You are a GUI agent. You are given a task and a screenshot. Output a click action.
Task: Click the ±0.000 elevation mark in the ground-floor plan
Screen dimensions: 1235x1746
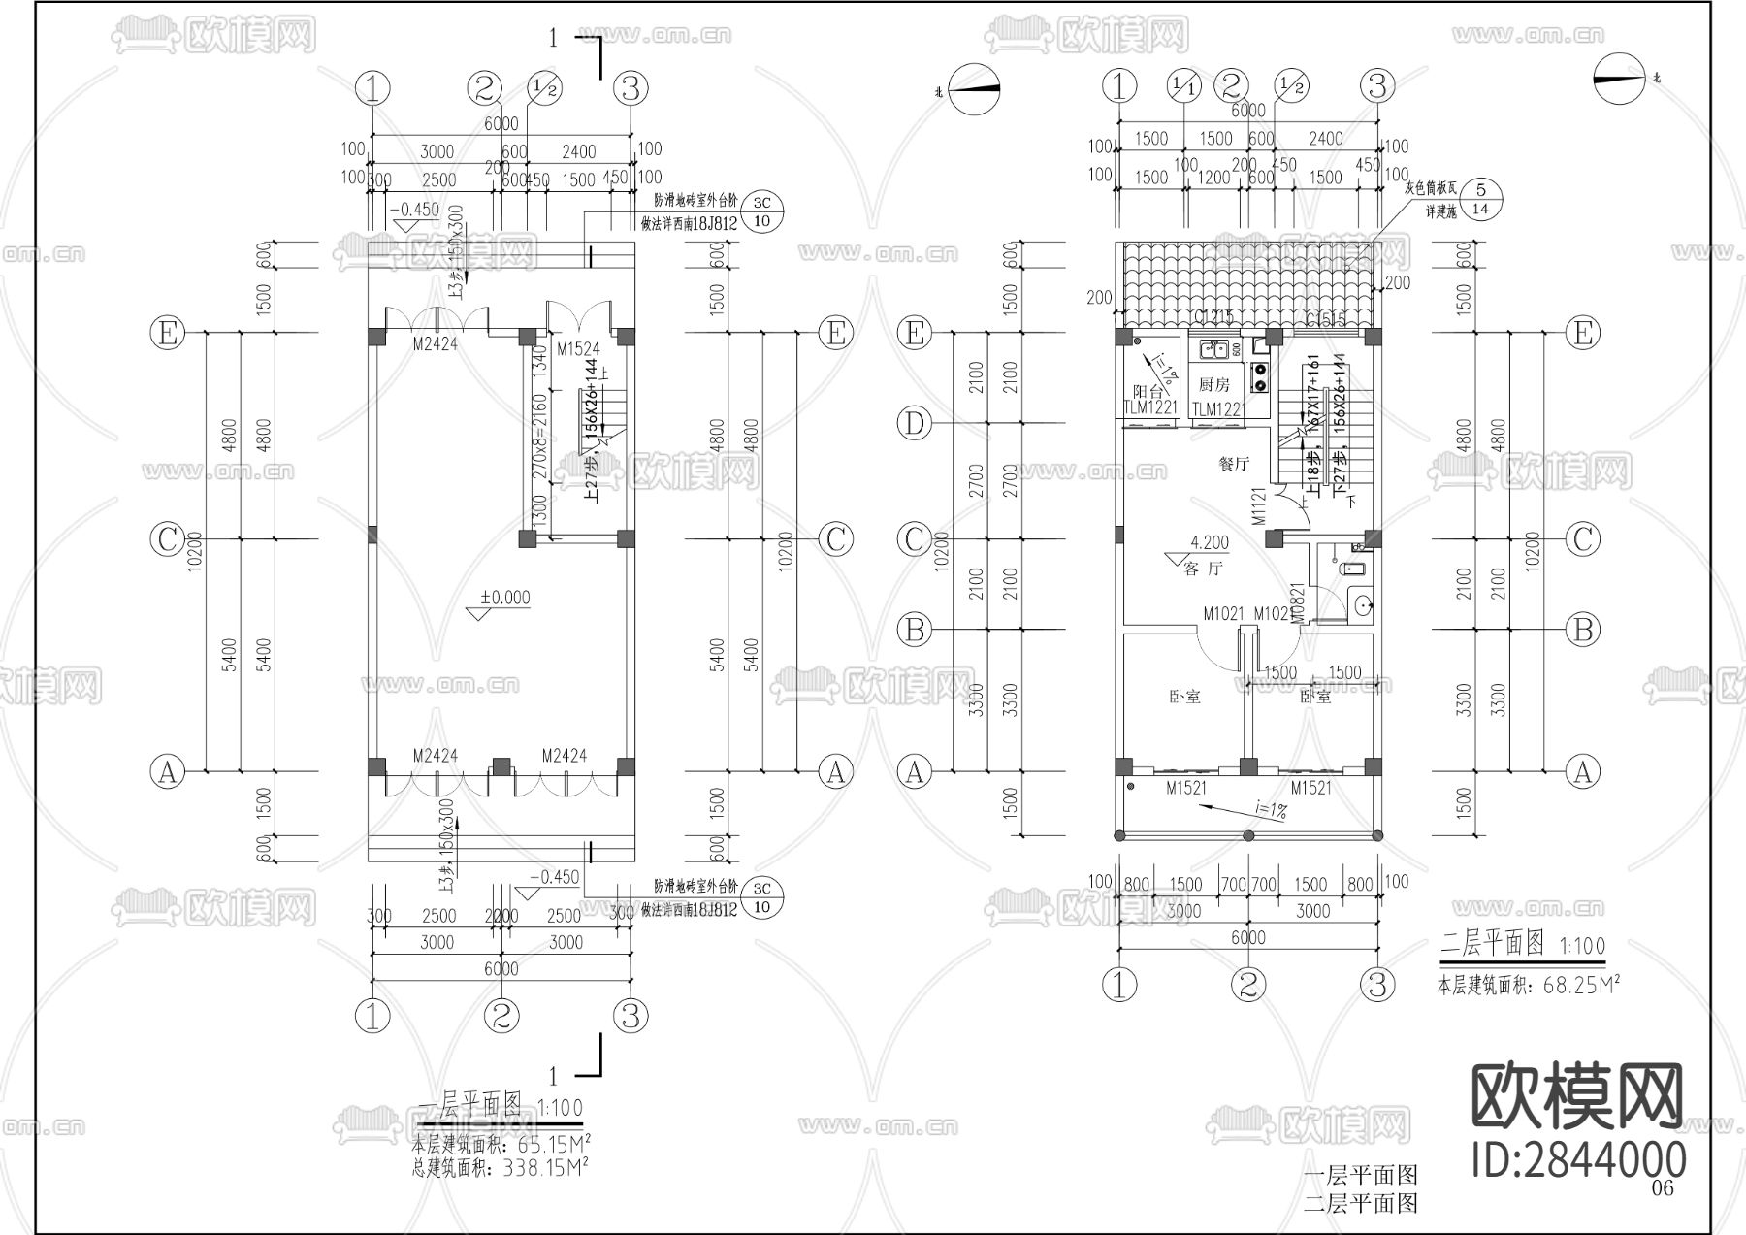506,598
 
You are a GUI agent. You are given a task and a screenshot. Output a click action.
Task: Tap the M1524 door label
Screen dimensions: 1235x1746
578,349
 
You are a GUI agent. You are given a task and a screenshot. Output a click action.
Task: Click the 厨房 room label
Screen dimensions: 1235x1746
1213,385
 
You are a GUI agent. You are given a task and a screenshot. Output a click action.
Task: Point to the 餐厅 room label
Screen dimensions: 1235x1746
1234,465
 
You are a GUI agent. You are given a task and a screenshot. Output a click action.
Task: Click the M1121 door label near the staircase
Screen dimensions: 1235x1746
1259,506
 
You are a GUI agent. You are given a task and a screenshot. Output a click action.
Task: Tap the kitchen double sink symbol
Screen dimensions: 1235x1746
1213,349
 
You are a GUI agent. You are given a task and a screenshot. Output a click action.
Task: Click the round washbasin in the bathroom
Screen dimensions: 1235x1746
1363,605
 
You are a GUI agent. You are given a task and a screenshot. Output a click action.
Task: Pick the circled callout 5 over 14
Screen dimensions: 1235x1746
1480,199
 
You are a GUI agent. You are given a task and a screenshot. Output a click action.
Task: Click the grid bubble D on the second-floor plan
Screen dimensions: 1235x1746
915,423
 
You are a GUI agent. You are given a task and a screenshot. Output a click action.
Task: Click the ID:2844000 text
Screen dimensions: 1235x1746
1578,1159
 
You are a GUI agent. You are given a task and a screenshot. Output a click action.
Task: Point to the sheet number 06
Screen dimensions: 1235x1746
1663,1188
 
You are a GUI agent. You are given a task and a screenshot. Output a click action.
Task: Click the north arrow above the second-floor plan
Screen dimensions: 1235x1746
1619,78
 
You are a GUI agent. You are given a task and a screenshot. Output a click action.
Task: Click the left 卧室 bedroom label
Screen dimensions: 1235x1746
1184,697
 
